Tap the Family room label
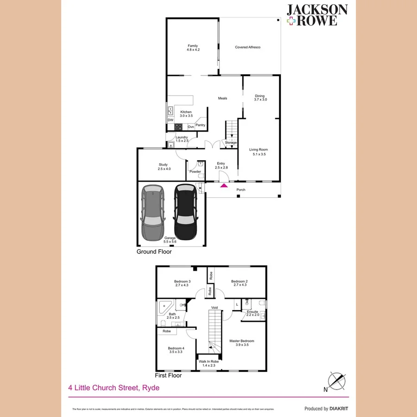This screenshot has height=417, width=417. tap(193, 46)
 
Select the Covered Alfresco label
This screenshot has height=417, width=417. tap(247, 47)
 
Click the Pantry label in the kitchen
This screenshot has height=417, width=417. tap(200, 125)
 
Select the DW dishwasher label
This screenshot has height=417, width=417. tap(171, 120)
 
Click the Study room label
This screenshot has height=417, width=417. tap(163, 164)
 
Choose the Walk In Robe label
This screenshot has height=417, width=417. tap(208, 362)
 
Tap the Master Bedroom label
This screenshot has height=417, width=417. tap(242, 341)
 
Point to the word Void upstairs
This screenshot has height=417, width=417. tap(215, 308)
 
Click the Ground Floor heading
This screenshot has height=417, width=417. tap(154, 252)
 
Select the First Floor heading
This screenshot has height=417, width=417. tap(168, 375)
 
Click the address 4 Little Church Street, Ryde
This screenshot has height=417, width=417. tap(114, 388)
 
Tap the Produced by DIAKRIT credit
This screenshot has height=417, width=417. tap(326, 409)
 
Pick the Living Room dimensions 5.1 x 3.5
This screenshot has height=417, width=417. tap(259, 154)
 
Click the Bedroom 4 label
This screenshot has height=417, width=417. tap(176, 348)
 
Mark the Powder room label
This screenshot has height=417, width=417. tap(195, 172)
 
